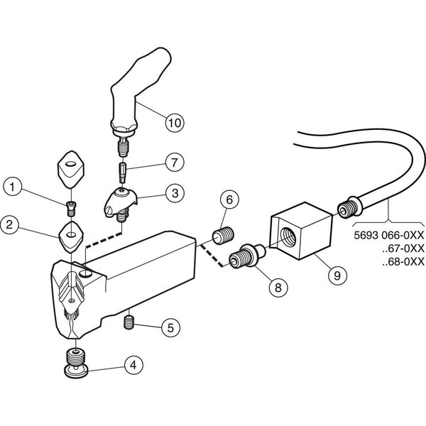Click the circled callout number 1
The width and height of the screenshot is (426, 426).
click(x=13, y=187)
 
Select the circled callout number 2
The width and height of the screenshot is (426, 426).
click(x=10, y=224)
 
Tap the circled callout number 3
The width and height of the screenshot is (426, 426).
click(x=175, y=193)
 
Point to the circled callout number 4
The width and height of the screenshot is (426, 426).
click(x=133, y=365)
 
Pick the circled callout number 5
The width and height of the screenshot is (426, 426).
click(x=170, y=327)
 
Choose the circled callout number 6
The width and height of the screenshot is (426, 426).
click(x=229, y=200)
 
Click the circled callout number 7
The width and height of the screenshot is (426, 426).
click(x=175, y=162)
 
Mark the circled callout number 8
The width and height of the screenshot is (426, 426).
click(x=278, y=288)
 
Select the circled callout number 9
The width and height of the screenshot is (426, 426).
click(x=337, y=275)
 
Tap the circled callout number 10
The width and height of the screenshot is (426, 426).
click(x=175, y=123)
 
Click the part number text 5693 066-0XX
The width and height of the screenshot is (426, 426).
click(x=389, y=235)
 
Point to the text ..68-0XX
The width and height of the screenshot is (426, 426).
click(x=403, y=261)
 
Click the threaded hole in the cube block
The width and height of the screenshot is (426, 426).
click(x=288, y=233)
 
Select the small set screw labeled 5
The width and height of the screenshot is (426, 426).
click(x=129, y=322)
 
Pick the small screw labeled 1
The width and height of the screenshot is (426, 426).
click(x=71, y=209)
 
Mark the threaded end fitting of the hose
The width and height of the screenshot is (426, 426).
click(x=349, y=207)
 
